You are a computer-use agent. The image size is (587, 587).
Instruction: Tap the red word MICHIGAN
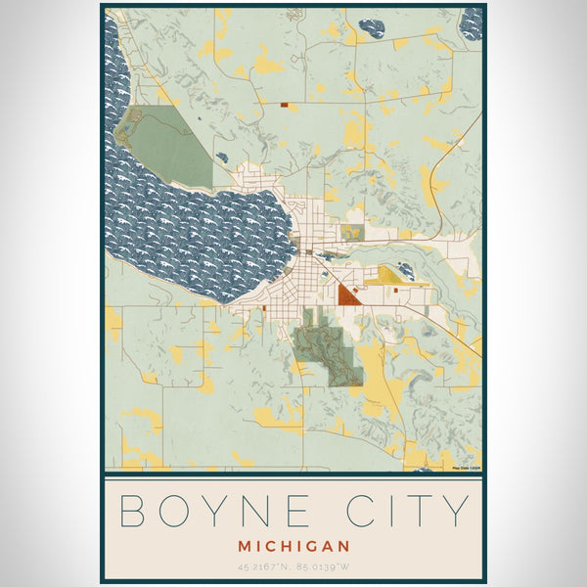pos(293,545)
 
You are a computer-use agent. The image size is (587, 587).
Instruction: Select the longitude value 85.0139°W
pos(328,566)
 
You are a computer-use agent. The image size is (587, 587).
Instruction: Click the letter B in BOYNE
pos(133,511)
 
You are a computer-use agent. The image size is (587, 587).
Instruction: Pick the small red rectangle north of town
pos(283,104)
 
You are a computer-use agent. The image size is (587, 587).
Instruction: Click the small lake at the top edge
pos(371,28)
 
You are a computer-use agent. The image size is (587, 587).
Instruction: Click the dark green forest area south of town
pos(327,352)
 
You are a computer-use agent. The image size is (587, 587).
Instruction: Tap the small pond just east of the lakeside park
pos(223,157)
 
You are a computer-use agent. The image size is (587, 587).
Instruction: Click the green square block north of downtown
pos(351,233)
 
